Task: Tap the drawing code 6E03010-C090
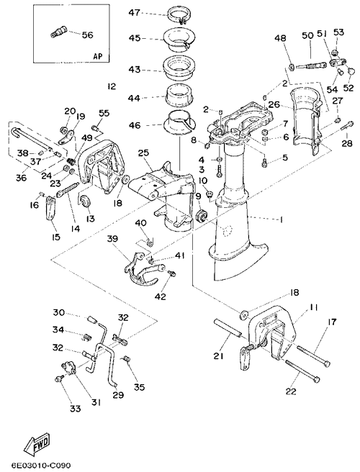[37, 466]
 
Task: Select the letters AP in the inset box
[97, 56]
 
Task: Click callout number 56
[87, 35]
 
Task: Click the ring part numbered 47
[179, 15]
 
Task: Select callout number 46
[134, 125]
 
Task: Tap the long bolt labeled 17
[313, 356]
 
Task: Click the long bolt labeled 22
[302, 372]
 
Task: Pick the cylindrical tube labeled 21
[228, 328]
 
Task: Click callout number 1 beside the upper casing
[281, 220]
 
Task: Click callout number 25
[144, 153]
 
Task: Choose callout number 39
[114, 239]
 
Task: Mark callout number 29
[118, 394]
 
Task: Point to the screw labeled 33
[60, 378]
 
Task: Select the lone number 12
[111, 86]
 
